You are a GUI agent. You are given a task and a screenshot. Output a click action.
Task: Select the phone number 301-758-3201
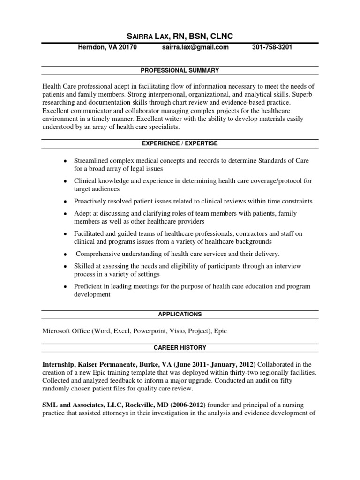[x=272, y=47]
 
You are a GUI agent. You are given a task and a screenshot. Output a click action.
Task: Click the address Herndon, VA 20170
[x=107, y=47]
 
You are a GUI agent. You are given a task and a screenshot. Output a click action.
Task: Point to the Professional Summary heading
[x=180, y=70]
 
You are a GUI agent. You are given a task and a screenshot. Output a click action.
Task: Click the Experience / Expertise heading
[x=180, y=143]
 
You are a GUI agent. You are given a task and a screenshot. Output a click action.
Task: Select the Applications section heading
[x=180, y=314]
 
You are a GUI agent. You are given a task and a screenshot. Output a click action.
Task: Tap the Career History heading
[x=180, y=347]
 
